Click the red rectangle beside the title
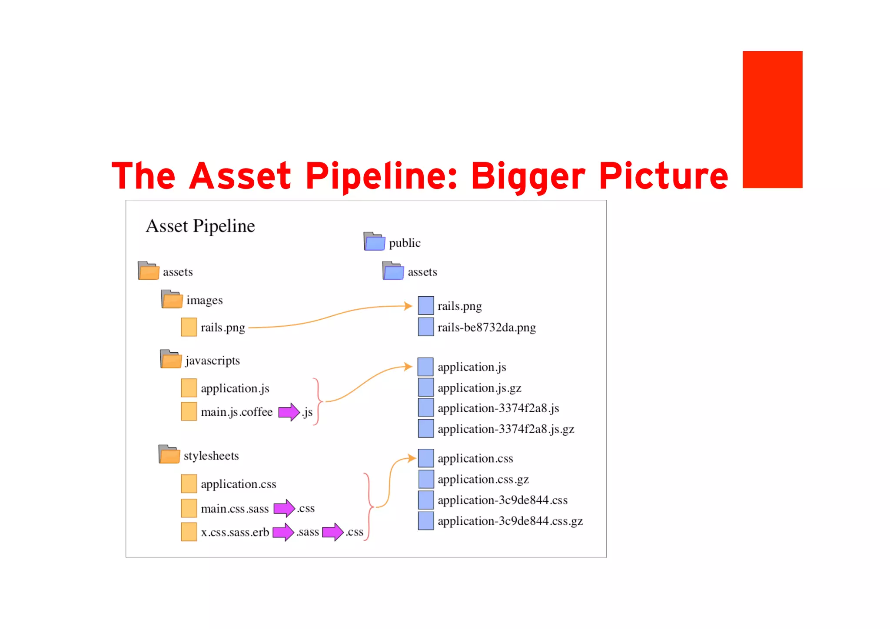point(772,119)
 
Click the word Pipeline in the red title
point(380,176)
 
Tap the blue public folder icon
point(374,242)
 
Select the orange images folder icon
point(172,299)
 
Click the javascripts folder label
point(213,361)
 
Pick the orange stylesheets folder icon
point(169,454)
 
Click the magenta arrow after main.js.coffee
point(289,412)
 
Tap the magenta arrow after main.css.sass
point(284,508)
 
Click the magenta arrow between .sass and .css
point(333,532)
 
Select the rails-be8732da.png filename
point(486,327)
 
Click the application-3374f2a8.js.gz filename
point(506,429)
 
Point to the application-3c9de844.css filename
point(502,500)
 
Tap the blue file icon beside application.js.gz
point(426,387)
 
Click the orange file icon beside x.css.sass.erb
point(189,532)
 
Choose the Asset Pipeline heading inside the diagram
point(200,226)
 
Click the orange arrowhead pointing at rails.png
point(408,306)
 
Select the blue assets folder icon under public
point(393,271)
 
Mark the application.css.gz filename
point(483,479)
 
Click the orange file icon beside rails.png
point(189,327)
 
